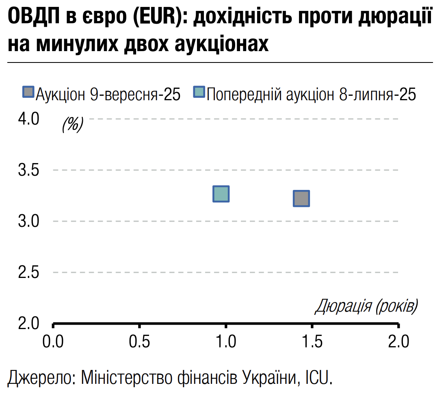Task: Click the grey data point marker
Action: (x=301, y=198)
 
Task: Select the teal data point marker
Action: (x=221, y=194)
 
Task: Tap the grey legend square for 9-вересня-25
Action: (x=28, y=93)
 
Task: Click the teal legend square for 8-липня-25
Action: (x=200, y=93)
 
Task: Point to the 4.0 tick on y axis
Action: (x=28, y=119)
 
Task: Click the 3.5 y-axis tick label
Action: (x=28, y=170)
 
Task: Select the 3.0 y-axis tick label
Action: (x=28, y=222)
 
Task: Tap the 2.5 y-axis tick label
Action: (x=28, y=272)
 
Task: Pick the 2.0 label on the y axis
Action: (x=28, y=323)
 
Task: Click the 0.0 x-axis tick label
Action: (x=53, y=342)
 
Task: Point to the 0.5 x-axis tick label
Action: (x=139, y=342)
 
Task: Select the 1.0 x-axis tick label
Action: (x=225, y=342)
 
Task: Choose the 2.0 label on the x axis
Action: (x=398, y=342)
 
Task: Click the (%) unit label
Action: (x=73, y=124)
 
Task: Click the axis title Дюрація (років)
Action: (x=366, y=306)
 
